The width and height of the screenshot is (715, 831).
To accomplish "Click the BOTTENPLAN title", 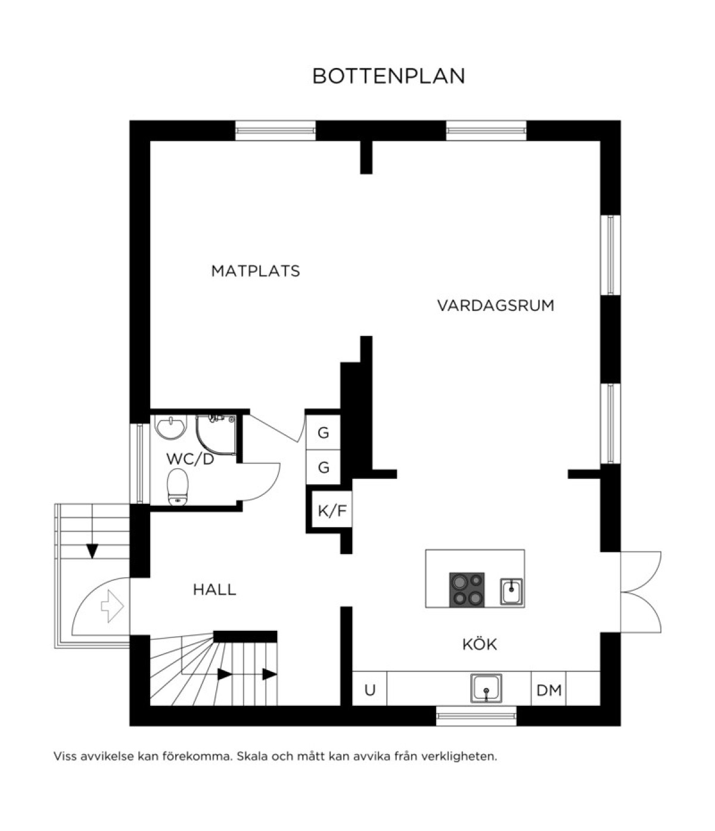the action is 388,76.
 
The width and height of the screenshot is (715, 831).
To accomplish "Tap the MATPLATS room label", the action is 256,271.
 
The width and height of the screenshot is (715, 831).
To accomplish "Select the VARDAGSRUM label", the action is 495,306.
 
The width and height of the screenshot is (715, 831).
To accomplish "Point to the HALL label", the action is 214,590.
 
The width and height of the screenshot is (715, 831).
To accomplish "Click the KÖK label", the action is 479,644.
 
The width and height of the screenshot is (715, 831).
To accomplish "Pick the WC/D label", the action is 190,459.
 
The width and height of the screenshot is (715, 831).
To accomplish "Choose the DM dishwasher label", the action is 549,690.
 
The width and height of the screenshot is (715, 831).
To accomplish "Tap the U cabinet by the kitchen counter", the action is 369,690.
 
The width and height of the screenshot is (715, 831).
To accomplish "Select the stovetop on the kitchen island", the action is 467,590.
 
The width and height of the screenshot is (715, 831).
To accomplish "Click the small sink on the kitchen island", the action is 511,592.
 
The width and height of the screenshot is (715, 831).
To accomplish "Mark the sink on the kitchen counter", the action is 486,688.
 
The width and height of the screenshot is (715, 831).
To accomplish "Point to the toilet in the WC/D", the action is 178,487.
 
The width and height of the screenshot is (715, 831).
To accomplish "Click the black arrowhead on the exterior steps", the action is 92,551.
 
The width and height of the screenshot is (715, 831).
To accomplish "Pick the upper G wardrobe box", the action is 324,432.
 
